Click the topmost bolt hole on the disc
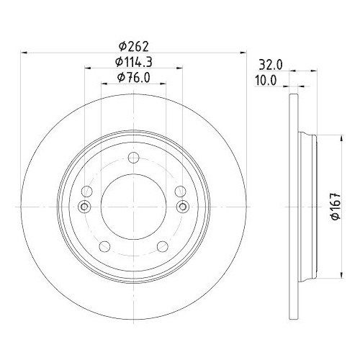tap(133, 159)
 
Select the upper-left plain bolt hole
tap(88, 192)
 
